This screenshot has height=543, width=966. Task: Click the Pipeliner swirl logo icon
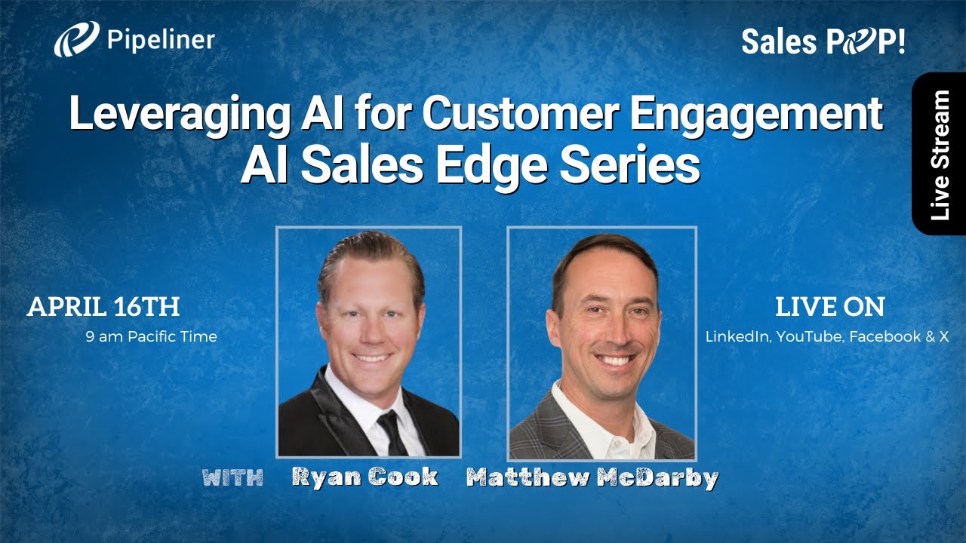tap(76, 39)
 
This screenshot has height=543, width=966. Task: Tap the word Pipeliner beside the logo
tap(161, 39)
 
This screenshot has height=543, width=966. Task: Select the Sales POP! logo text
tap(823, 42)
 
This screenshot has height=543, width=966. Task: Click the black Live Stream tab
tap(940, 155)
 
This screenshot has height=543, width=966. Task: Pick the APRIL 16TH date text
tap(103, 308)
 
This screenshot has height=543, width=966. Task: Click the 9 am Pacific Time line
tap(151, 336)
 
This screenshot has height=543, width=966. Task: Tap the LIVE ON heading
tap(830, 308)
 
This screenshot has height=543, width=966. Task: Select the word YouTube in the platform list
tap(808, 336)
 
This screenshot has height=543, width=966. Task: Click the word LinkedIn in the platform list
tap(736, 336)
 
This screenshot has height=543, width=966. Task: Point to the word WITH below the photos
tap(232, 477)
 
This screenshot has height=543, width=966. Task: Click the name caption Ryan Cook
tap(365, 477)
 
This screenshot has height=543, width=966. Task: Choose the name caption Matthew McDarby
tap(592, 477)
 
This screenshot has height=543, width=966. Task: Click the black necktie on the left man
tap(392, 433)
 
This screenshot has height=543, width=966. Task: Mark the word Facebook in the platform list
tap(884, 336)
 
